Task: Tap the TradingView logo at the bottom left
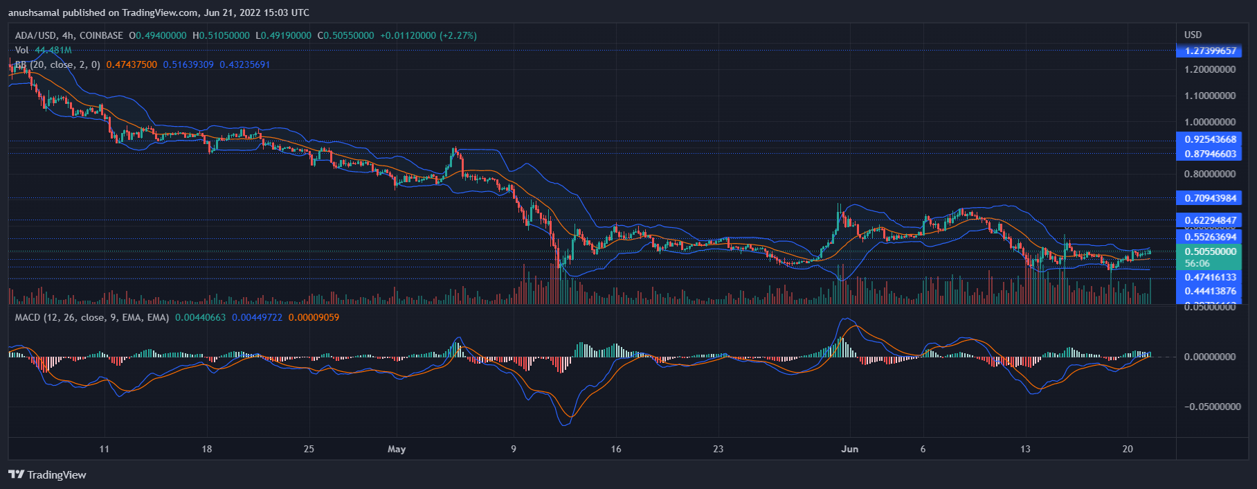point(47,474)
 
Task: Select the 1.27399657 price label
point(1209,51)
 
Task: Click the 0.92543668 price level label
point(1209,139)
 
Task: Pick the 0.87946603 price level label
point(1209,154)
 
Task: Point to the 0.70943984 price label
point(1209,198)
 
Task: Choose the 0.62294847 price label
point(1209,220)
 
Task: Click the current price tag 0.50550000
point(1209,251)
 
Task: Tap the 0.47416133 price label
point(1209,277)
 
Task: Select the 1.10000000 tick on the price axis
point(1209,96)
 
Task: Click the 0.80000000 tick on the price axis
point(1209,174)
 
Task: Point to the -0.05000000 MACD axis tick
point(1211,407)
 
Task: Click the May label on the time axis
point(397,449)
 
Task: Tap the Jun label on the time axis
point(849,449)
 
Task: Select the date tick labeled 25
point(309,449)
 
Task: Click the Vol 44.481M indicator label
point(43,50)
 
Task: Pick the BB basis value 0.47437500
point(132,64)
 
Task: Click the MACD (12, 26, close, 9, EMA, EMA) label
point(92,317)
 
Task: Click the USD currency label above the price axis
point(1193,35)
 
